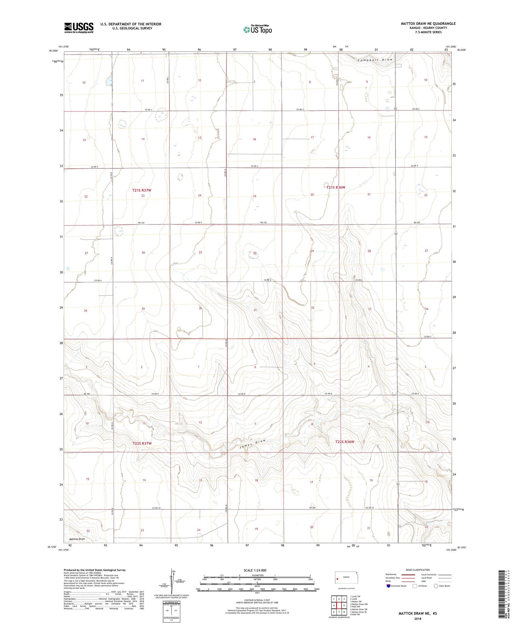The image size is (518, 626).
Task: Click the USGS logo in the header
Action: pos(79,28)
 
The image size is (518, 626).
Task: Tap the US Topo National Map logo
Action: pos(257,30)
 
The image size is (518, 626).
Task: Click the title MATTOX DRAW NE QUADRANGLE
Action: pos(428,23)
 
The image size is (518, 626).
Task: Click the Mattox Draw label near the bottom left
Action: pos(77,539)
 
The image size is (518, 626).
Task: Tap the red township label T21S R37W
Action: pos(142,190)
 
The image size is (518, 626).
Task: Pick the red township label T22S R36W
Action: pos(345,442)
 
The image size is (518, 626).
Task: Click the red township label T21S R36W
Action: pos(336,187)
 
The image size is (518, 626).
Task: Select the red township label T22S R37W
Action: pos(142,443)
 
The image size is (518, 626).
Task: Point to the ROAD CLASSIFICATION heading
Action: pos(418,570)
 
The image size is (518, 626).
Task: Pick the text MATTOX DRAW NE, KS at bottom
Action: pos(418,613)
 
